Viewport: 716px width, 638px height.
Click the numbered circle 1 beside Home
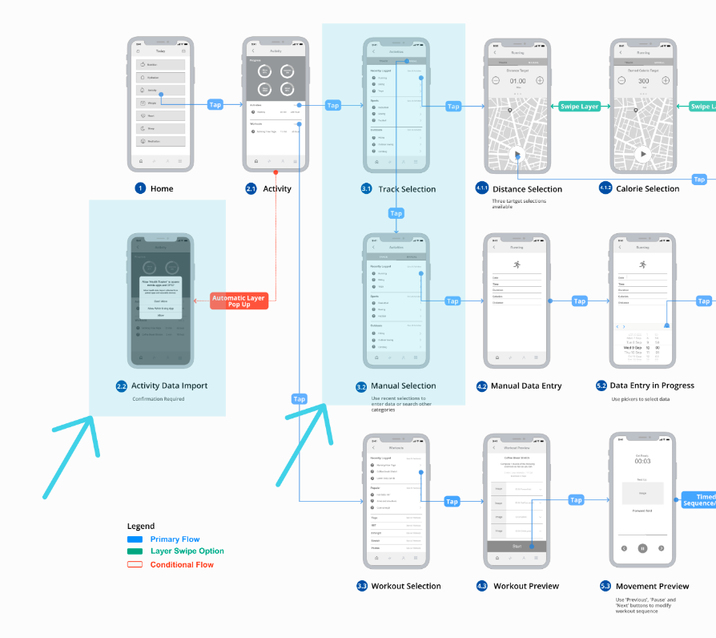[x=140, y=188]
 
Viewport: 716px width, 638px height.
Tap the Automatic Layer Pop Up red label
[x=239, y=301]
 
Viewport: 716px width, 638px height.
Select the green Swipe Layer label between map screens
[x=579, y=106]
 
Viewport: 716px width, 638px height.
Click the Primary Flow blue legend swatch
[x=134, y=539]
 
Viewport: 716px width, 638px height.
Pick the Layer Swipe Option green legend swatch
[x=134, y=551]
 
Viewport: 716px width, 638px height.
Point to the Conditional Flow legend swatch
[x=134, y=564]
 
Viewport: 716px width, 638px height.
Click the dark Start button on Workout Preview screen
[x=517, y=546]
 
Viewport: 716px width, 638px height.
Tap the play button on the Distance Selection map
[x=517, y=155]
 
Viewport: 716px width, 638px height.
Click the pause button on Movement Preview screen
[x=642, y=548]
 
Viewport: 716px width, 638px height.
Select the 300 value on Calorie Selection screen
[x=643, y=81]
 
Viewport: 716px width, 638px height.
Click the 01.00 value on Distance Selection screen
[x=517, y=81]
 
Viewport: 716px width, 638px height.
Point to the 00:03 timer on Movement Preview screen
[x=642, y=461]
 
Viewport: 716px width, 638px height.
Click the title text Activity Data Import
[x=169, y=386]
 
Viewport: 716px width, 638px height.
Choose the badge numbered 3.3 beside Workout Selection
[x=362, y=586]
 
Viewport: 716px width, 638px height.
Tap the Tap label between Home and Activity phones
[x=215, y=104]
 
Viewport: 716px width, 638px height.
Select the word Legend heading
[x=141, y=527]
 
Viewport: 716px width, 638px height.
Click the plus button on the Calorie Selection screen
[x=666, y=81]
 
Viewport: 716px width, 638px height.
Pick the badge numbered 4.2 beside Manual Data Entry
[x=481, y=386]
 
